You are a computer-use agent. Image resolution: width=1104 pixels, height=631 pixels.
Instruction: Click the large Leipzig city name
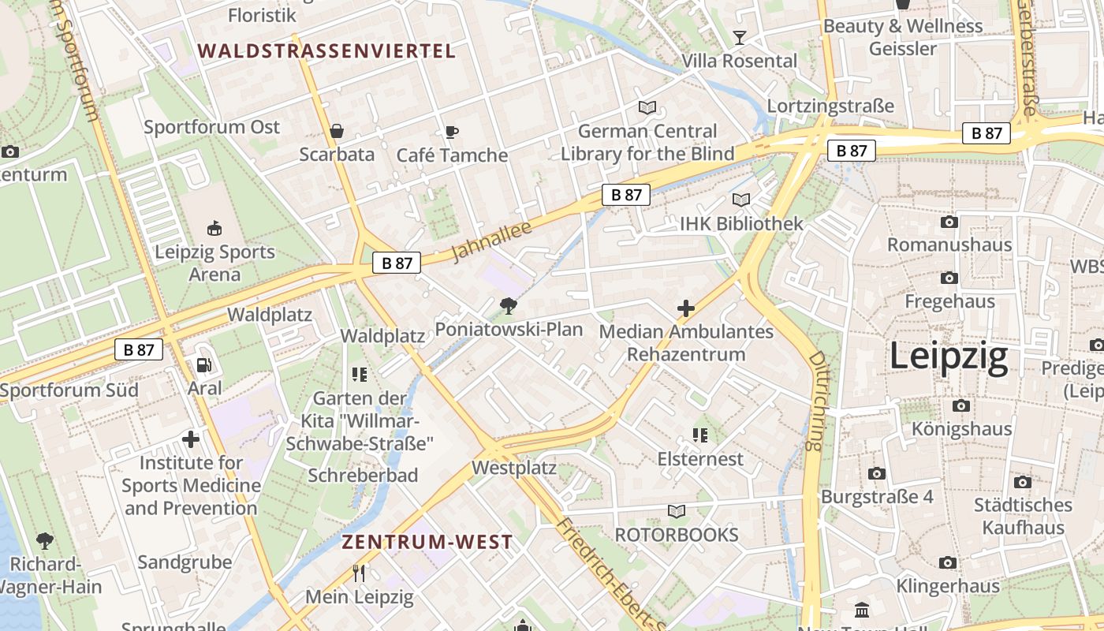click(x=949, y=357)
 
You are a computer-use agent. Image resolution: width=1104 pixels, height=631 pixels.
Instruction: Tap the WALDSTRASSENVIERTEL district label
click(x=326, y=51)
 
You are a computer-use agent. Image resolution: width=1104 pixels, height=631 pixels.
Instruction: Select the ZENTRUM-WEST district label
click(x=427, y=543)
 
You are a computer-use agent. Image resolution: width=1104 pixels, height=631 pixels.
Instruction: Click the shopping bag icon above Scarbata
click(x=337, y=131)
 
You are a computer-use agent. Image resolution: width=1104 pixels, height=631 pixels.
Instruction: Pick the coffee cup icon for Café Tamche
click(x=451, y=132)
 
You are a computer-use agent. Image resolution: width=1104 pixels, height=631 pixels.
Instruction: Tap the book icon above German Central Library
click(x=647, y=107)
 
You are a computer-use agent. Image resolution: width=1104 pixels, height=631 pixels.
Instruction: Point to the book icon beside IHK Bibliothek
click(x=740, y=200)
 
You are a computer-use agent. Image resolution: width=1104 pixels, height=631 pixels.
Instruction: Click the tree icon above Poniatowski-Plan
click(x=509, y=306)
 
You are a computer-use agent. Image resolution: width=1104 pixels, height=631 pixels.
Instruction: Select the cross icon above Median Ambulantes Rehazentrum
click(x=686, y=308)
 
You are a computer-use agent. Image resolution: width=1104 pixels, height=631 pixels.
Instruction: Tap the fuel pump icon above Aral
click(x=204, y=364)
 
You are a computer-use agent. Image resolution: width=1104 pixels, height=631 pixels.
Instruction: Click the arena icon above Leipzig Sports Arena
click(x=214, y=229)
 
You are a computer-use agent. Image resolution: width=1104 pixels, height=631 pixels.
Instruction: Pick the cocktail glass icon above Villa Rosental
click(x=739, y=37)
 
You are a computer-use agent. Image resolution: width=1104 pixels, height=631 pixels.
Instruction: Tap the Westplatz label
click(x=514, y=468)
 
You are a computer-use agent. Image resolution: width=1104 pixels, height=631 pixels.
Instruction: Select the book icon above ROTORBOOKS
click(x=677, y=512)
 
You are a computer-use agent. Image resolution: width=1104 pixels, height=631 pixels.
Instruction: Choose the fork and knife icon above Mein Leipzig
click(x=359, y=573)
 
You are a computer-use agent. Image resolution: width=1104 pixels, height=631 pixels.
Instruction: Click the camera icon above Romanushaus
click(x=949, y=222)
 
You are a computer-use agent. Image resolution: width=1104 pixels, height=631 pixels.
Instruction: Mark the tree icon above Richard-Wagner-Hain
click(x=45, y=541)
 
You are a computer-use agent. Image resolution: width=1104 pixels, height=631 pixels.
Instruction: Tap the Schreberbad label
click(x=363, y=476)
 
